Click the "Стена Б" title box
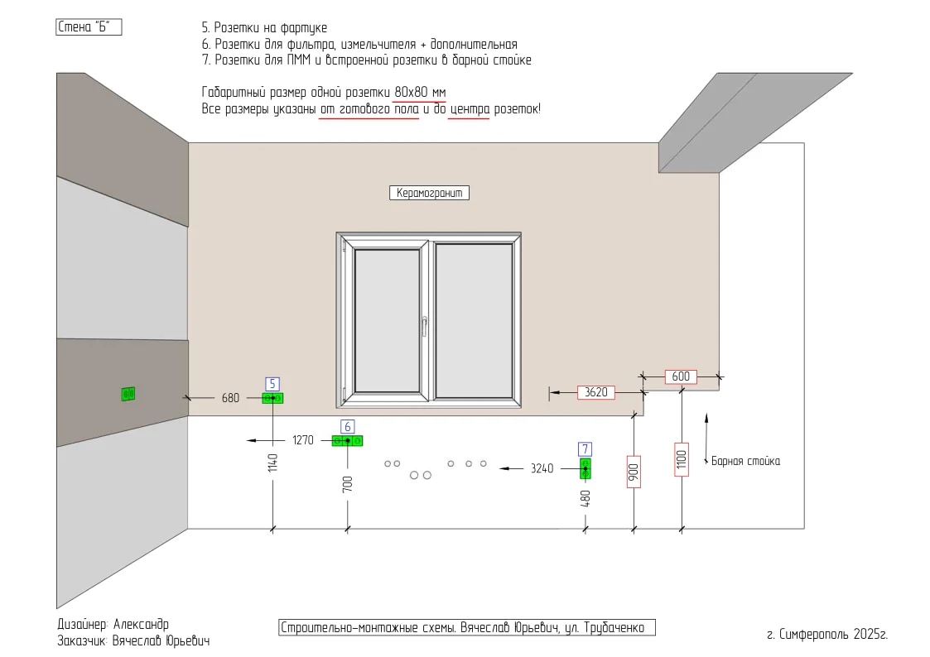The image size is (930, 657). click(89, 27)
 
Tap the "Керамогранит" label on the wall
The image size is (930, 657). click(429, 193)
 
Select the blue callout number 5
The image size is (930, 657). click(272, 384)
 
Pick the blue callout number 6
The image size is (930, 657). click(348, 426)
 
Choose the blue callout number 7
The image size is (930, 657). click(585, 449)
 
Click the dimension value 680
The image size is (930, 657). click(230, 398)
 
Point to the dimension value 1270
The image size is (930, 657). click(303, 440)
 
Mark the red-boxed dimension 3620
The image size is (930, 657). click(596, 392)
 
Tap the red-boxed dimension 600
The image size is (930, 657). click(681, 376)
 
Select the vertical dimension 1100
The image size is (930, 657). click(682, 459)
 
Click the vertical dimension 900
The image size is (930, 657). click(634, 472)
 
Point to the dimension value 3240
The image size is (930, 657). click(542, 468)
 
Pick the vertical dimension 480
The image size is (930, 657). click(585, 498)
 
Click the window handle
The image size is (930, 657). click(425, 326)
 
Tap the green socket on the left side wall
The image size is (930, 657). click(128, 394)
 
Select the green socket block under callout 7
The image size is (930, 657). click(585, 468)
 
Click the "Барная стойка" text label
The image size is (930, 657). click(745, 461)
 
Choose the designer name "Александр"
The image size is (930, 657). click(141, 625)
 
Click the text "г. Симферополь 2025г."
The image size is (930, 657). click(826, 635)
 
